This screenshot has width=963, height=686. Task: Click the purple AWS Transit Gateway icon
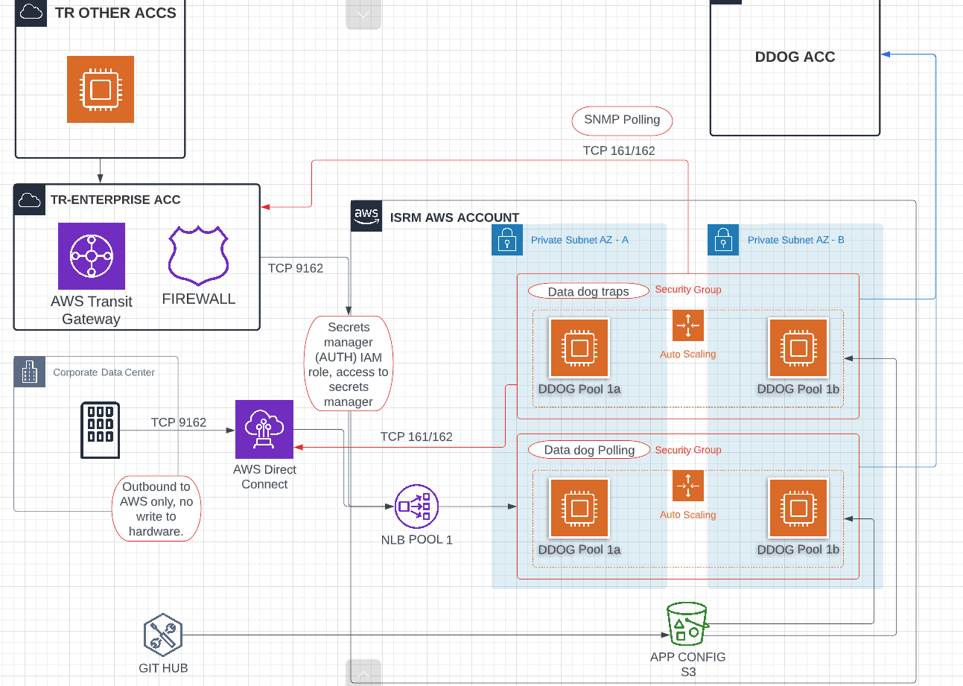click(92, 255)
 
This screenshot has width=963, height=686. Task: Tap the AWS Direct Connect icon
click(264, 429)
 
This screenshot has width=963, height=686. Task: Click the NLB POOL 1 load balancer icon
click(416, 506)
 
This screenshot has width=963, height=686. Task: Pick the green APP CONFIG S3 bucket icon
click(687, 624)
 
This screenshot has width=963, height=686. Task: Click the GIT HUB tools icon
click(163, 635)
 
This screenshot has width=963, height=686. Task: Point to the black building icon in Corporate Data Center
click(100, 430)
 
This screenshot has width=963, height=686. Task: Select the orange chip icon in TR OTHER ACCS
click(101, 89)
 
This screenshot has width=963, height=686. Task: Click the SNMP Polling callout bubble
click(622, 120)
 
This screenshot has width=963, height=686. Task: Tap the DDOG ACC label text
click(795, 57)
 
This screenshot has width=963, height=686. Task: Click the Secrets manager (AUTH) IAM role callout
click(348, 364)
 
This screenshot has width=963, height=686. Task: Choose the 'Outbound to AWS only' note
click(156, 508)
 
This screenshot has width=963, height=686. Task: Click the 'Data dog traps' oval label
click(588, 291)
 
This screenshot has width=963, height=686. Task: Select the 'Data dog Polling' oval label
click(589, 450)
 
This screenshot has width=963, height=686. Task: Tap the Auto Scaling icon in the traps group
click(687, 325)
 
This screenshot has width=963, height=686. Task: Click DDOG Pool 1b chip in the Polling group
click(798, 508)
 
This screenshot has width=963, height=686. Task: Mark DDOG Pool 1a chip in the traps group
click(579, 348)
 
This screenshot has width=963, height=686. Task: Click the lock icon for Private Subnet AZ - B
click(722, 240)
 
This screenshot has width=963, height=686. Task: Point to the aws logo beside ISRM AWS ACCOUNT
click(366, 216)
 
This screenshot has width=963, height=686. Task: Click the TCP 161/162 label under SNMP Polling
click(619, 151)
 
